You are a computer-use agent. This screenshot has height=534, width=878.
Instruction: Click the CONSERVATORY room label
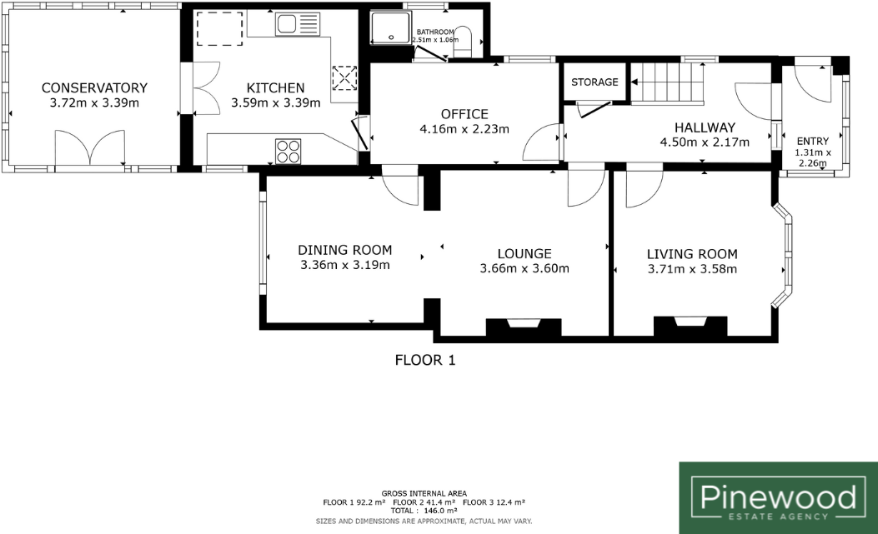pos(94,87)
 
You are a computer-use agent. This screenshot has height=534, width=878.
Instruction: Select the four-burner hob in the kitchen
pos(288,151)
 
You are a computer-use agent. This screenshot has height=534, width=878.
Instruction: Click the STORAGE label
pos(595,82)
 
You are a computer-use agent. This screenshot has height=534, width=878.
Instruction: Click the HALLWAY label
pos(705,127)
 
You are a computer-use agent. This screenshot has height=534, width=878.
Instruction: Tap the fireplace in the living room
pos(689,325)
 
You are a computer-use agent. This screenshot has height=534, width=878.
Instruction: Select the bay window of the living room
pos(785,257)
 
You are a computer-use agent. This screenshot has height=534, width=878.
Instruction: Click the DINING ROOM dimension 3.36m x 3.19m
pos(345,266)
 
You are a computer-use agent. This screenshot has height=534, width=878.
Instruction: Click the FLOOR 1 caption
pos(424,360)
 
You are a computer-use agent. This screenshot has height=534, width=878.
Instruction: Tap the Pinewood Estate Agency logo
pos(778,497)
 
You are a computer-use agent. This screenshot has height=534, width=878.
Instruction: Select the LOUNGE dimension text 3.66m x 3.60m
pos(524,268)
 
